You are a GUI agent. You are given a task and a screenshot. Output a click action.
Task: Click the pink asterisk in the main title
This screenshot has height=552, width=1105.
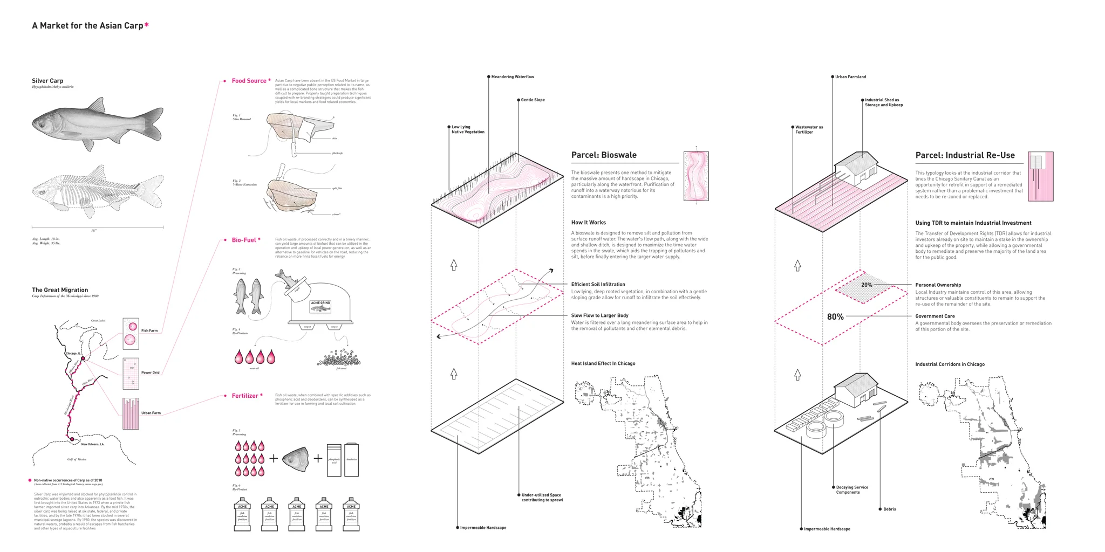coord(147,25)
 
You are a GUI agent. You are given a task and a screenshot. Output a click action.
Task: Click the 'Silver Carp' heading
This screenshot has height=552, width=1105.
coord(47,81)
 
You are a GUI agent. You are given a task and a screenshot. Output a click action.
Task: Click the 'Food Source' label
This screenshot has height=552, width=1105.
coord(249,81)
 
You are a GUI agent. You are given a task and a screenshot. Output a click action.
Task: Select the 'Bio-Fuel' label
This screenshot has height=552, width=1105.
coord(244,240)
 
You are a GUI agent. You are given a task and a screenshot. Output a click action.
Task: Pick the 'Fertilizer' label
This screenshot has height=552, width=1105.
coord(245,396)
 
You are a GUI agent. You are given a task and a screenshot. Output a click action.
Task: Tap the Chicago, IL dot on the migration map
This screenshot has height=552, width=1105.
coord(83,358)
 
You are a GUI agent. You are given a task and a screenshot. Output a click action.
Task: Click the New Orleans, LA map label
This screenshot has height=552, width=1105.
coord(92,444)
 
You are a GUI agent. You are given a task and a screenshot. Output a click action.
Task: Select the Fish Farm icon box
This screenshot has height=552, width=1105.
coord(131,333)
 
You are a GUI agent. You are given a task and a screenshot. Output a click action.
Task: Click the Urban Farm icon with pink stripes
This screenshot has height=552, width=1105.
coord(131,413)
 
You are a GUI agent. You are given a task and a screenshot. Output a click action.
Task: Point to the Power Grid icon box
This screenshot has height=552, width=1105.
coord(131,373)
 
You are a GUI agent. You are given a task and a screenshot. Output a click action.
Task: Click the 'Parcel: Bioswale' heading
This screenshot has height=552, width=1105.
coord(604,155)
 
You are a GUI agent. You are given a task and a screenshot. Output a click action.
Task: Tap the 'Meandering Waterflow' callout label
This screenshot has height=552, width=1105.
coord(513,77)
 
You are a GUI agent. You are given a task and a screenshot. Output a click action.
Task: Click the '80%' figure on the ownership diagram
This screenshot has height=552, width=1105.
coord(835,317)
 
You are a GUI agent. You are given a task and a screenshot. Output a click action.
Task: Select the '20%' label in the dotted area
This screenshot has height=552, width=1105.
coord(867,285)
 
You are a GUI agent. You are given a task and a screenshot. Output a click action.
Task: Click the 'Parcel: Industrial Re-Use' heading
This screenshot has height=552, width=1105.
coord(965,155)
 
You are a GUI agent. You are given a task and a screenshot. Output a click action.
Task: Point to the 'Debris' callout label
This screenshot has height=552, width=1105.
coord(889,509)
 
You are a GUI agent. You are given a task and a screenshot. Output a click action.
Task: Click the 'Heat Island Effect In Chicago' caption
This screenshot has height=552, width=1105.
coord(603,364)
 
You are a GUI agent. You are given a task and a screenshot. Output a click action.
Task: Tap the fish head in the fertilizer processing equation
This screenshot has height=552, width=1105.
coord(296,459)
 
